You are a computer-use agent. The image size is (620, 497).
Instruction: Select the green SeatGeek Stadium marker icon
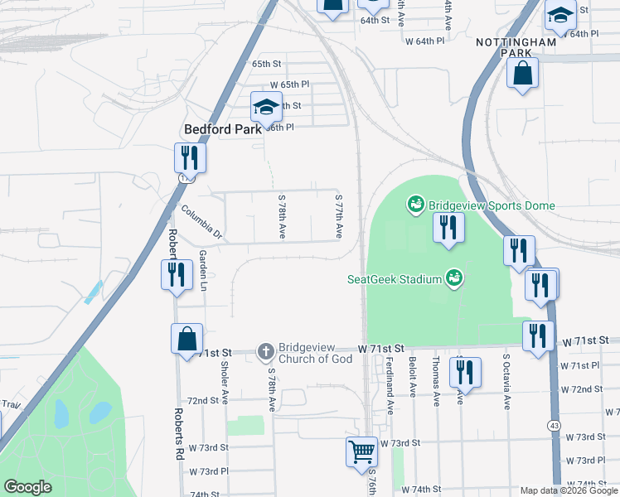(x=453, y=278)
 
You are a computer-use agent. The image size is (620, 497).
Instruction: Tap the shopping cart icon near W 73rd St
(x=361, y=452)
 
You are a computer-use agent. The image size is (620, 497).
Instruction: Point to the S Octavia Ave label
(x=506, y=382)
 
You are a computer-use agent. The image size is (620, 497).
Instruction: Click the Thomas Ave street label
(x=435, y=382)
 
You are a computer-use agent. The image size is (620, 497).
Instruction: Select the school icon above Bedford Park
(x=266, y=107)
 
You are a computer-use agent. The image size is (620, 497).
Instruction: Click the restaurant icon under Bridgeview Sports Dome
(x=448, y=228)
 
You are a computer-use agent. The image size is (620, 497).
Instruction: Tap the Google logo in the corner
(x=28, y=487)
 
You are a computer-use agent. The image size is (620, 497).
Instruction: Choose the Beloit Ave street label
(x=411, y=378)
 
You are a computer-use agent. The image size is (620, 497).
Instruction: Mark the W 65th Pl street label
(x=289, y=84)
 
